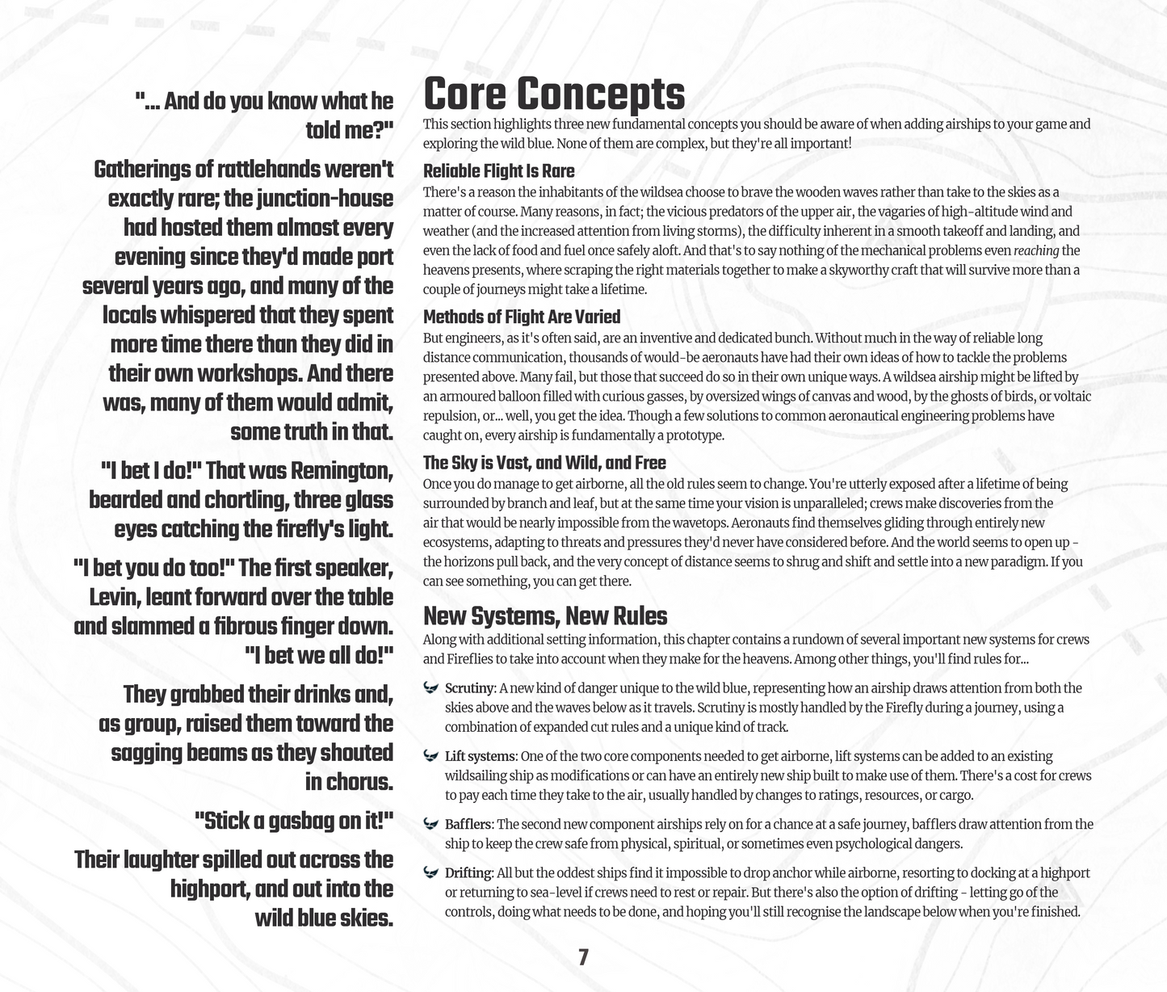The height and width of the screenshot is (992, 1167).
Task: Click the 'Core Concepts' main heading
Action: [554, 94]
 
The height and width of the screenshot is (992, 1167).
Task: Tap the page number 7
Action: [583, 958]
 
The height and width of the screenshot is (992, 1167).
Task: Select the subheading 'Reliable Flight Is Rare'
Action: [499, 171]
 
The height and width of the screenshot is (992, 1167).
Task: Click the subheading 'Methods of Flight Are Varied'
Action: [522, 317]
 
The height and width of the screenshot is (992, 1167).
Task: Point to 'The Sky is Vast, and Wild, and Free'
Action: [544, 463]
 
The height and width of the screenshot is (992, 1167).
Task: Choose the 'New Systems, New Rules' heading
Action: [545, 616]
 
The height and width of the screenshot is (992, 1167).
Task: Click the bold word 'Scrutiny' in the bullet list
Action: [468, 688]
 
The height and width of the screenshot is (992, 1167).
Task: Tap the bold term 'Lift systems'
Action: [480, 757]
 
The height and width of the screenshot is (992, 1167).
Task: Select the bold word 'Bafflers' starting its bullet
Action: [468, 825]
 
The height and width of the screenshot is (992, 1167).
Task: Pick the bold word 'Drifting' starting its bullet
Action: [468, 873]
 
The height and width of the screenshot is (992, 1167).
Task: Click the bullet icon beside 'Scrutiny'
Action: [430, 688]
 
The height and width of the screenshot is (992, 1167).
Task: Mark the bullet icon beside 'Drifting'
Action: [430, 873]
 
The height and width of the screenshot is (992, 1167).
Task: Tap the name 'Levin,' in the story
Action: [121, 597]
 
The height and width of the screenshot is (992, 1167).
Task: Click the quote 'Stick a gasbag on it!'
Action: [294, 822]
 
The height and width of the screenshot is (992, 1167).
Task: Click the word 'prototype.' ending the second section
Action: [695, 435]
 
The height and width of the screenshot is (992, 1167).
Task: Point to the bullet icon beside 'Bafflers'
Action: [430, 825]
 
